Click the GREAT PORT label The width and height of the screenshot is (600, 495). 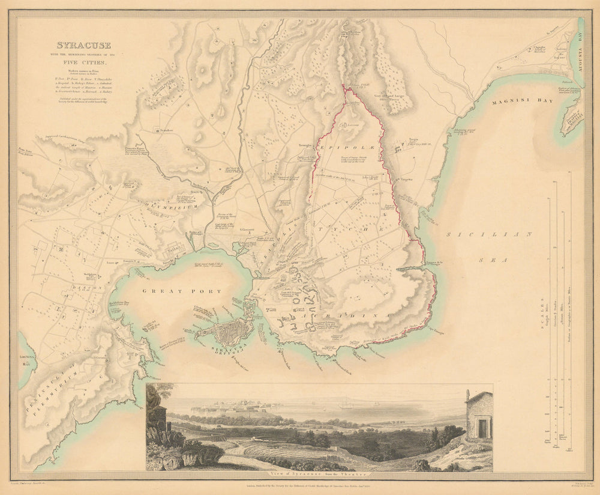coord(181,291)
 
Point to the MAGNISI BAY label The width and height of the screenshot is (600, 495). coord(508,103)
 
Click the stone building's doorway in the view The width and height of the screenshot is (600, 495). coord(482,428)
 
